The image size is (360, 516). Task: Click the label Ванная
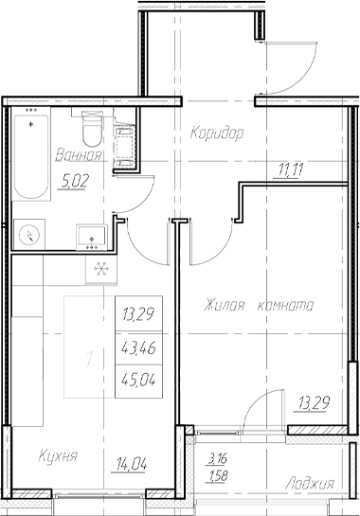pos(79,155)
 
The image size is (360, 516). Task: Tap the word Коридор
pos(216,133)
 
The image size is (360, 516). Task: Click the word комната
pos(284,306)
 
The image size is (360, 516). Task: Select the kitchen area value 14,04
pos(132,465)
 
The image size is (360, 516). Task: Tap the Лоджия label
pos(312,484)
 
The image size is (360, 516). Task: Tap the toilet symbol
pos(92,126)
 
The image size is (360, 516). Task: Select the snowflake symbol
pos(97,269)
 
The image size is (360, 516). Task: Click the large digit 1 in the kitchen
pos(88,360)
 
